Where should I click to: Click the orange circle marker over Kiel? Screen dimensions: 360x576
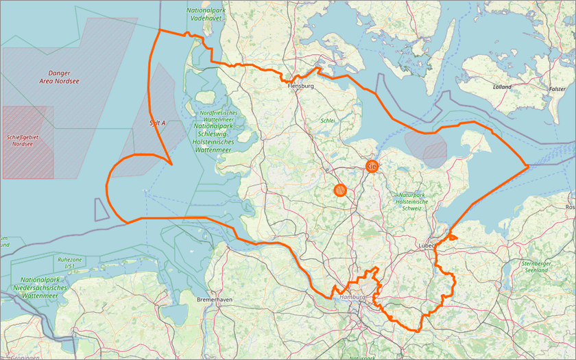(x=371, y=166)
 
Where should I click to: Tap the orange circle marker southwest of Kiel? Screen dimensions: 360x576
(x=340, y=190)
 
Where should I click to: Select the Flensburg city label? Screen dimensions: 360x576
(x=300, y=86)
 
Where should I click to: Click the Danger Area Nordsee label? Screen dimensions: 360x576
(x=64, y=77)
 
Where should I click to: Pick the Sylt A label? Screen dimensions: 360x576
(x=157, y=123)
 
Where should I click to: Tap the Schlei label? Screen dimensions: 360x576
(x=326, y=121)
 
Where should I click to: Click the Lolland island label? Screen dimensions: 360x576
(x=502, y=87)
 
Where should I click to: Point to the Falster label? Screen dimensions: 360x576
(x=557, y=89)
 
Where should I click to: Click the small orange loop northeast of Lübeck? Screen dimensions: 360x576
(x=451, y=237)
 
